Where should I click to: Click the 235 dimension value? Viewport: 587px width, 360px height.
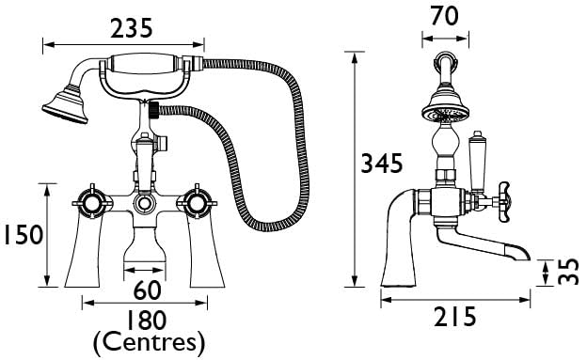[132, 28]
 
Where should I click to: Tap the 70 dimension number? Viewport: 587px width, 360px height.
[445, 16]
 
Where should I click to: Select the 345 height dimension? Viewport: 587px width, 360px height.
[382, 164]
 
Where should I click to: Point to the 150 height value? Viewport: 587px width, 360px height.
[24, 235]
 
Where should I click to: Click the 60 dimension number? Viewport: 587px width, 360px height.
[148, 290]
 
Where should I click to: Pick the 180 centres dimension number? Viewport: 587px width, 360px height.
[146, 321]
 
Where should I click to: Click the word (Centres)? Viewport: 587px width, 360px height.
[149, 343]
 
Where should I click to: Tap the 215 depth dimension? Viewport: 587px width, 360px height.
[455, 317]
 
